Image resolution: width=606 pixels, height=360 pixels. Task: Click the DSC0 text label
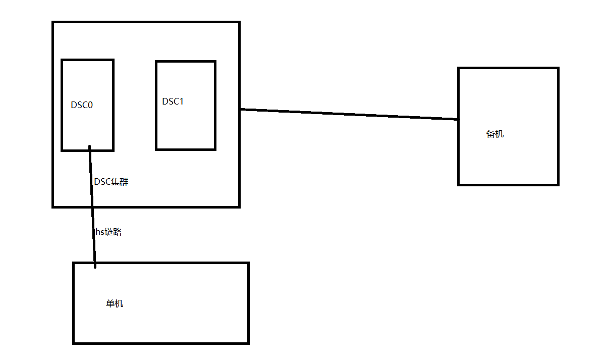tap(82, 105)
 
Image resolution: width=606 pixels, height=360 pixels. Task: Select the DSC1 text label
tap(173, 101)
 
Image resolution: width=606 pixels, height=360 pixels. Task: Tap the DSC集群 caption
tap(112, 182)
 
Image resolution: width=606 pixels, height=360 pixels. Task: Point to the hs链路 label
tap(108, 232)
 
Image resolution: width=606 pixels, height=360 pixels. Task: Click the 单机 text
tap(115, 304)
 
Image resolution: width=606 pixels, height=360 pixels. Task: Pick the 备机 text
tap(495, 134)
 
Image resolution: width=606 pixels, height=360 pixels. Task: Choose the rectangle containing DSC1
tap(186, 126)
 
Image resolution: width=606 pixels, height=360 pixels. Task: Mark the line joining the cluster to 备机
tap(348, 114)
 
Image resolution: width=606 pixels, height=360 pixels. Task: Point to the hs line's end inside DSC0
tap(90, 147)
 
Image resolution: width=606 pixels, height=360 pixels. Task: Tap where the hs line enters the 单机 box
tap(95, 264)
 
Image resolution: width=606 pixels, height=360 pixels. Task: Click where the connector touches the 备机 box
tap(459, 120)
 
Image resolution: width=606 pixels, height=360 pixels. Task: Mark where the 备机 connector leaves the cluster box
tap(240, 109)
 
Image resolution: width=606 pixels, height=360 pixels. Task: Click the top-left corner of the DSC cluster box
tap(53, 22)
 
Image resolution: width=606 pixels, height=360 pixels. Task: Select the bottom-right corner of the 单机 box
tap(248, 343)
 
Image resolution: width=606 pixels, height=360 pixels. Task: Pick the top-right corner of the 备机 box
tap(558, 68)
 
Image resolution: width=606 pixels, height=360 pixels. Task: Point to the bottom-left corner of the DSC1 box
tap(156, 149)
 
